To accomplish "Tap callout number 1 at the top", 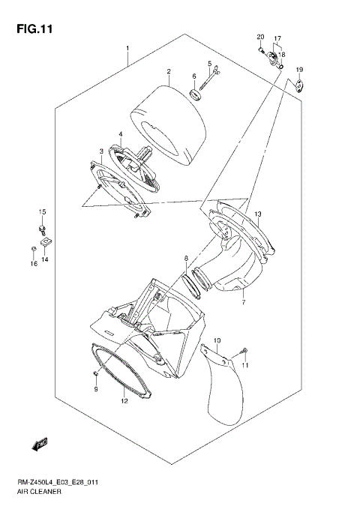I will [x=127, y=49].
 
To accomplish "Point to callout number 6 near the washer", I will [x=193, y=76].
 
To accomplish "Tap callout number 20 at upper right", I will [x=261, y=37].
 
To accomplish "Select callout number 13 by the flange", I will [x=256, y=214].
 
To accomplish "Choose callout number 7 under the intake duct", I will [x=223, y=303].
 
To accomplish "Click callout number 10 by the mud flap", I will [x=217, y=341].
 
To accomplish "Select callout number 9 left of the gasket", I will [x=96, y=390].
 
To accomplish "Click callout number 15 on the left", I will [x=43, y=212].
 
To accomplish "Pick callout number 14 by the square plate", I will [x=45, y=259].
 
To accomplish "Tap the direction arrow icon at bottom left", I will [x=40, y=445].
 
